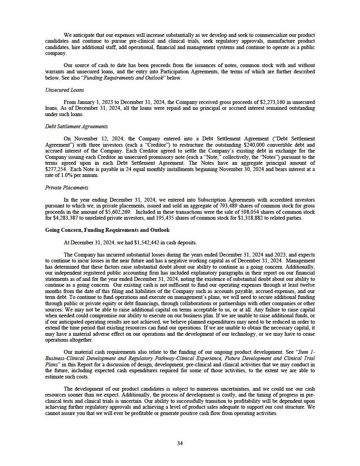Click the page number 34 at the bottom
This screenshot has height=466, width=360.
coord(180,443)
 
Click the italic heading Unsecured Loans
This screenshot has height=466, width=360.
coord(61,90)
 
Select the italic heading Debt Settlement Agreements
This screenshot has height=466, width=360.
coord(76,127)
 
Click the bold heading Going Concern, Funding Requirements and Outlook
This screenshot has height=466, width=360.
coord(107,230)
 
